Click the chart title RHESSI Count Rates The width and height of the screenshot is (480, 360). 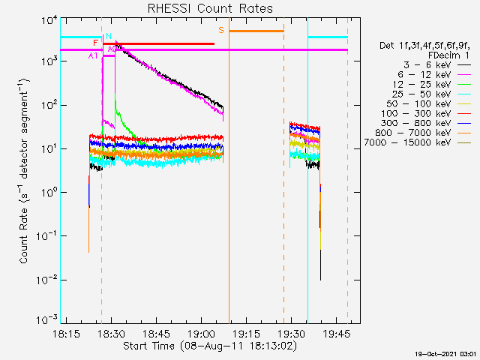point(210,8)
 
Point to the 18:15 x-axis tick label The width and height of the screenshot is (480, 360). point(67,333)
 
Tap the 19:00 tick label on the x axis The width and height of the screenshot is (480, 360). point(202,333)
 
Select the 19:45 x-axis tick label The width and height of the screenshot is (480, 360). point(337,333)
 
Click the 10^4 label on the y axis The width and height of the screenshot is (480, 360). point(48,22)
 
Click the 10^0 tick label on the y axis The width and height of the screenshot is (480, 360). point(48,193)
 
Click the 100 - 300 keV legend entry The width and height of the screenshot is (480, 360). point(426,113)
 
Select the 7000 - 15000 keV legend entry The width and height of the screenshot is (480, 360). point(418,142)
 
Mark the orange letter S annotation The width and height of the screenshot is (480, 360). point(221,30)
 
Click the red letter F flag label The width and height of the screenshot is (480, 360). point(95,43)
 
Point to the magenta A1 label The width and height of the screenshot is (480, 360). point(93,55)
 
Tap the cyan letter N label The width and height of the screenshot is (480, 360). point(108,36)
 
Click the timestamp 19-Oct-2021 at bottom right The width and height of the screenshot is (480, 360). point(447,354)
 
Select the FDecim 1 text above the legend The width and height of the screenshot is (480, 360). point(448,55)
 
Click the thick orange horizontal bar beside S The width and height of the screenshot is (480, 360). point(256,31)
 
